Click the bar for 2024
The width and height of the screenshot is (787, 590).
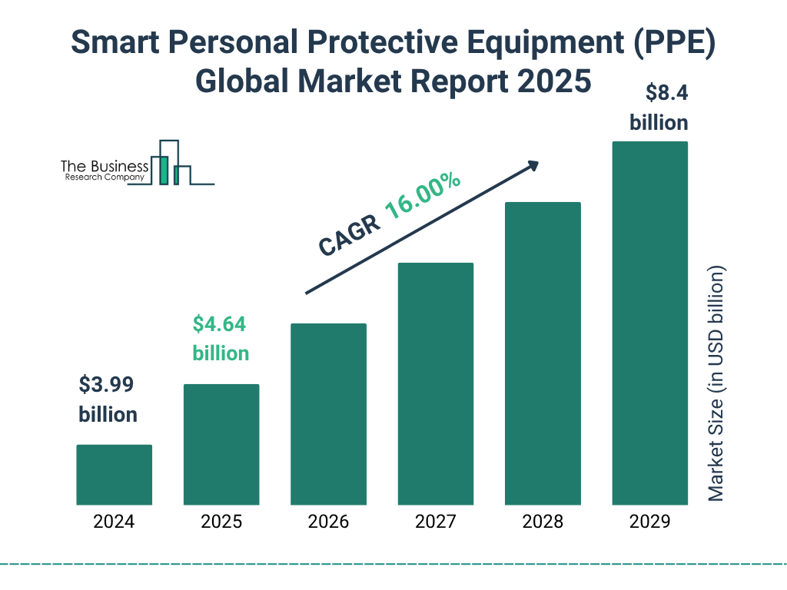coord(114,475)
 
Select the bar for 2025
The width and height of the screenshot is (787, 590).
coord(221,444)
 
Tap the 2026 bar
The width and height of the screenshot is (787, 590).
coord(328,414)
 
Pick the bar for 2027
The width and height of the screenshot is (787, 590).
coord(435,383)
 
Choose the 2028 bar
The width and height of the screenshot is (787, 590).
coord(543,353)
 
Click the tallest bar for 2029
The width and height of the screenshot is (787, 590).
coord(649,323)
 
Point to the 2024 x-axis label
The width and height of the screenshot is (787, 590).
coord(114,522)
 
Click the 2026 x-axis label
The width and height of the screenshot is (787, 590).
coord(328,522)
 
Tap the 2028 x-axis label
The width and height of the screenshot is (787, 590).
coord(543,522)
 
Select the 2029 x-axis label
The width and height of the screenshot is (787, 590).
coord(649,522)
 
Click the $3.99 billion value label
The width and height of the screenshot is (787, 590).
coord(108,399)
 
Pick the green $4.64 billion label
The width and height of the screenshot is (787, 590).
coord(220,339)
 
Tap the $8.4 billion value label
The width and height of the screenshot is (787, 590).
coord(659,108)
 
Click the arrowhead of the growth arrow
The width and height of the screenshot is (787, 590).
coord(533,165)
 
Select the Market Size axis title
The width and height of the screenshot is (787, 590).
coord(716,384)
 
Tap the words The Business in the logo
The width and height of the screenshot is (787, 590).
coord(105,167)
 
